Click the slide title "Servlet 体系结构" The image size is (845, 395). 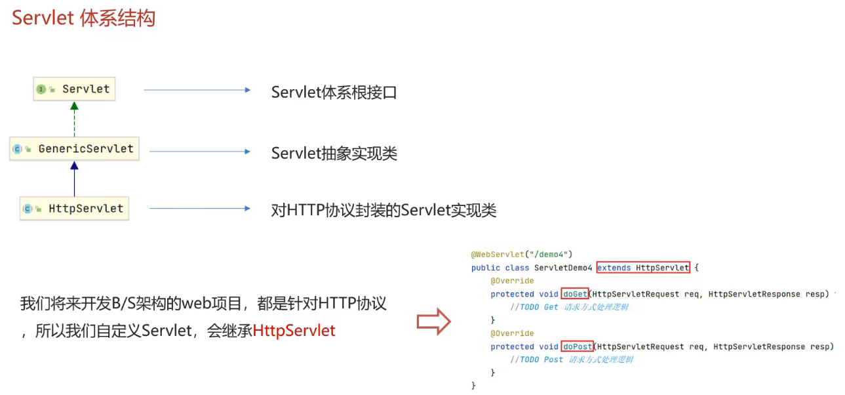tap(83, 18)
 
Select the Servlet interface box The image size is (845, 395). tap(74, 89)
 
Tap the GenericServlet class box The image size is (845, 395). tap(74, 149)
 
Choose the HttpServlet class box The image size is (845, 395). tap(74, 209)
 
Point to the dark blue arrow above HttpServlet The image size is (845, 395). tap(74, 178)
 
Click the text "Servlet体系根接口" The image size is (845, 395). tap(334, 93)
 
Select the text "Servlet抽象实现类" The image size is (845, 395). tap(334, 154)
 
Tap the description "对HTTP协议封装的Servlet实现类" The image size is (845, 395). tap(383, 211)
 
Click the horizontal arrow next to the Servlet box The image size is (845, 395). tap(197, 90)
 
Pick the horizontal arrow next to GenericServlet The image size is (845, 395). tap(199, 152)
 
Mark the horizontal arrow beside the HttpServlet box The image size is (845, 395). tap(199, 209)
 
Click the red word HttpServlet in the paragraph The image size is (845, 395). tap(294, 331)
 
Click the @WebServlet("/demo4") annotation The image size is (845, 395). tap(522, 255)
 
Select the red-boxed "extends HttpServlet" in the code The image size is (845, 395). tap(642, 268)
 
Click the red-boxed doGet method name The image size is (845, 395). tap(574, 294)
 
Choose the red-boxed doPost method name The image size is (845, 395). tap(577, 346)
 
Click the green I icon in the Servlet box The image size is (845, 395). tap(41, 89)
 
